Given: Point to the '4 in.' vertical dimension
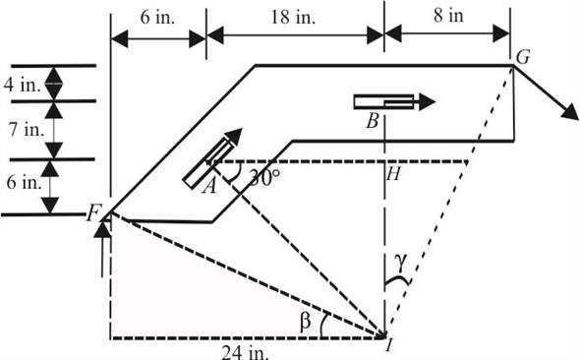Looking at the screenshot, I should coord(22,85).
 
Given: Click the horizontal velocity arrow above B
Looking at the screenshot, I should coord(393,100).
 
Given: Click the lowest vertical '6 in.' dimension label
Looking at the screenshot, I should coord(22,183).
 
